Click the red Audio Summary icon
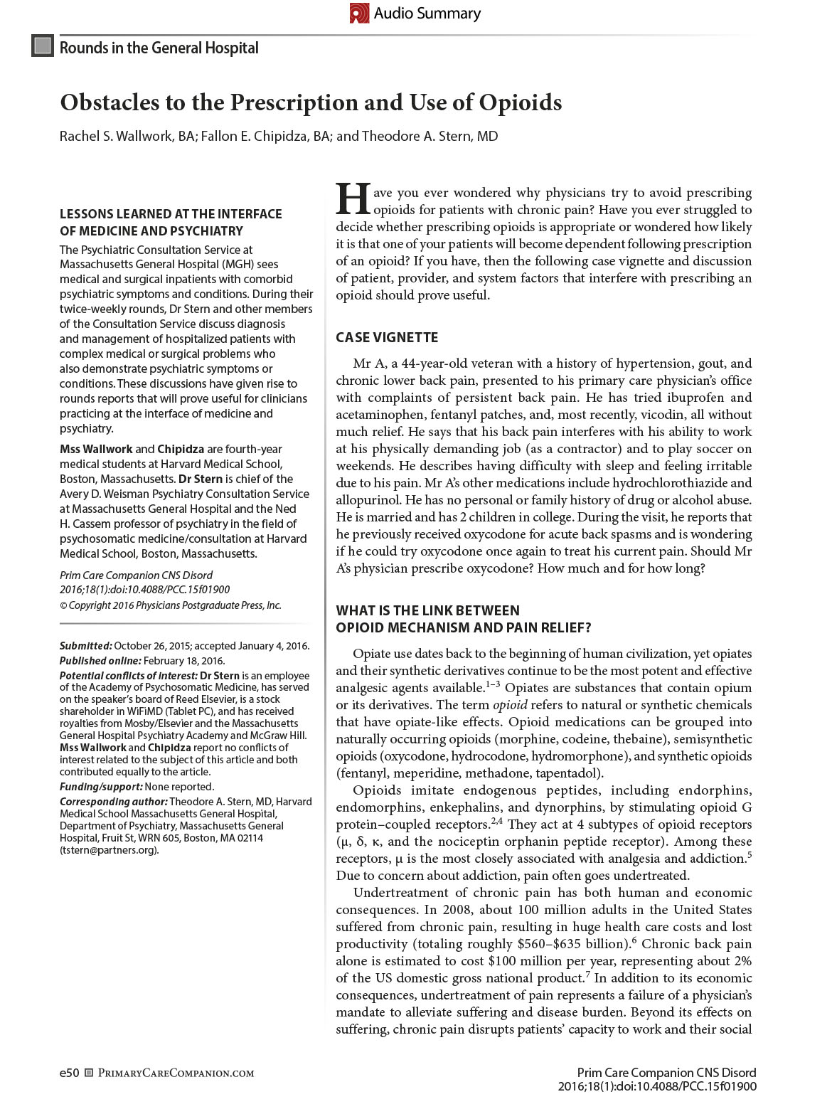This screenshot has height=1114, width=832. point(360,14)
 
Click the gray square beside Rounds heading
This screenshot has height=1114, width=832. point(43,47)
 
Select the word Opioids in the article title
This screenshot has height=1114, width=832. point(519,103)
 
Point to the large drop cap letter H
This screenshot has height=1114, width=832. point(352,199)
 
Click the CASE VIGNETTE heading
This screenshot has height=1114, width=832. point(387,337)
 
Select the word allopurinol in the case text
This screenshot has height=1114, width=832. point(367,500)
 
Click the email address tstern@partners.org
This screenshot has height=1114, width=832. point(108,850)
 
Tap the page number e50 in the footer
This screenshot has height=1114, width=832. point(69,1073)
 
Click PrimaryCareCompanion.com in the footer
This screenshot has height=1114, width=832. point(175,1073)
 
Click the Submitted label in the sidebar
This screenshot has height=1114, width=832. point(85,646)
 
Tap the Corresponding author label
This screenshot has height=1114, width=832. point(113,802)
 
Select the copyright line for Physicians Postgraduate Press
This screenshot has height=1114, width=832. point(170,605)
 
